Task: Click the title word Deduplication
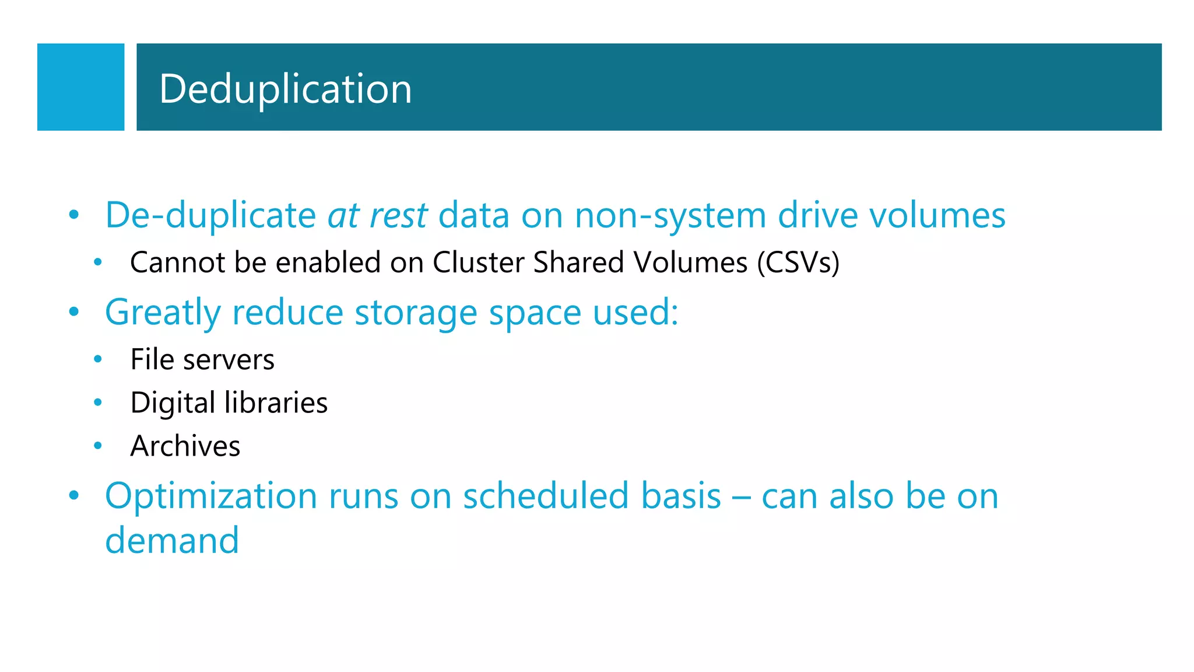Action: pyautogui.click(x=285, y=89)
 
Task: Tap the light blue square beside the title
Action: pyautogui.click(x=80, y=87)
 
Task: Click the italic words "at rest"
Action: pyautogui.click(x=377, y=215)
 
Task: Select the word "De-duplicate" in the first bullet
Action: pyautogui.click(x=210, y=216)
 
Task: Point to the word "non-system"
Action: pyautogui.click(x=670, y=216)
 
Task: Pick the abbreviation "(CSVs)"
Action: pyautogui.click(x=798, y=262)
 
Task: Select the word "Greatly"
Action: pyautogui.click(x=163, y=313)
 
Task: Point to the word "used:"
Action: pyautogui.click(x=635, y=312)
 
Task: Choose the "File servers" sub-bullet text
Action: pyautogui.click(x=202, y=359)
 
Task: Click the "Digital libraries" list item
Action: pyautogui.click(x=229, y=402)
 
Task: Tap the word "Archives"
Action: pyautogui.click(x=185, y=446)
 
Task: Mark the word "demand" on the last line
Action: pyautogui.click(x=172, y=540)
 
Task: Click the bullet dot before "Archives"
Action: pyautogui.click(x=98, y=446)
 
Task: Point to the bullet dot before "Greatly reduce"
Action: pyautogui.click(x=73, y=312)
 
